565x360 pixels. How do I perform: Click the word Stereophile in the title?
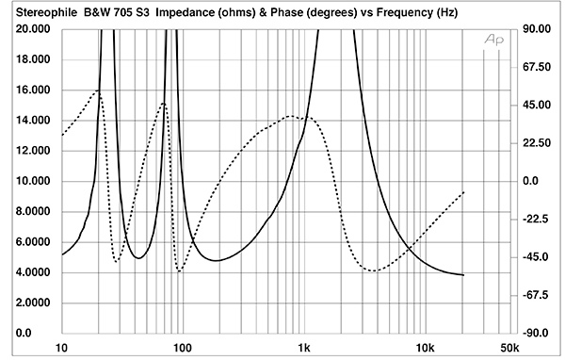coord(46,12)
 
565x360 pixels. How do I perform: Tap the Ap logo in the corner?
coord(493,39)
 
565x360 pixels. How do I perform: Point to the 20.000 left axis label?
coord(33,29)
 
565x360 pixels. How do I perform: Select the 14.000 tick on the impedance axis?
coord(33,120)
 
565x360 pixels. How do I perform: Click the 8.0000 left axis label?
coord(33,211)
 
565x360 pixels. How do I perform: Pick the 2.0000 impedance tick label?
coord(33,303)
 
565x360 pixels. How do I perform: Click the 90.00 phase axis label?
coord(537,29)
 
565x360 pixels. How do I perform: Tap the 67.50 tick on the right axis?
coord(537,67)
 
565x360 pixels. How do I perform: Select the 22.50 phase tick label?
coord(537,143)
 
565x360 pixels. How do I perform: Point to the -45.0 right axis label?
coord(536,257)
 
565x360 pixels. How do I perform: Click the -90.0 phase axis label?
coord(536,333)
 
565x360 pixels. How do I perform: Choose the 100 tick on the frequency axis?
coord(183,348)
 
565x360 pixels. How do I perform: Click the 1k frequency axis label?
coord(304,348)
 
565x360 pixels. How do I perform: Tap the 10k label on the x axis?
coord(426,348)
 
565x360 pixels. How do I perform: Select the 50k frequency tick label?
coord(510,348)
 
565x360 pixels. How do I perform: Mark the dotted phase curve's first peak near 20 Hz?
coord(98,90)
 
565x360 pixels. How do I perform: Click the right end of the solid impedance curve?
coord(463,275)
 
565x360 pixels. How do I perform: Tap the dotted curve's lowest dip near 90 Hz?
coord(179,271)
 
